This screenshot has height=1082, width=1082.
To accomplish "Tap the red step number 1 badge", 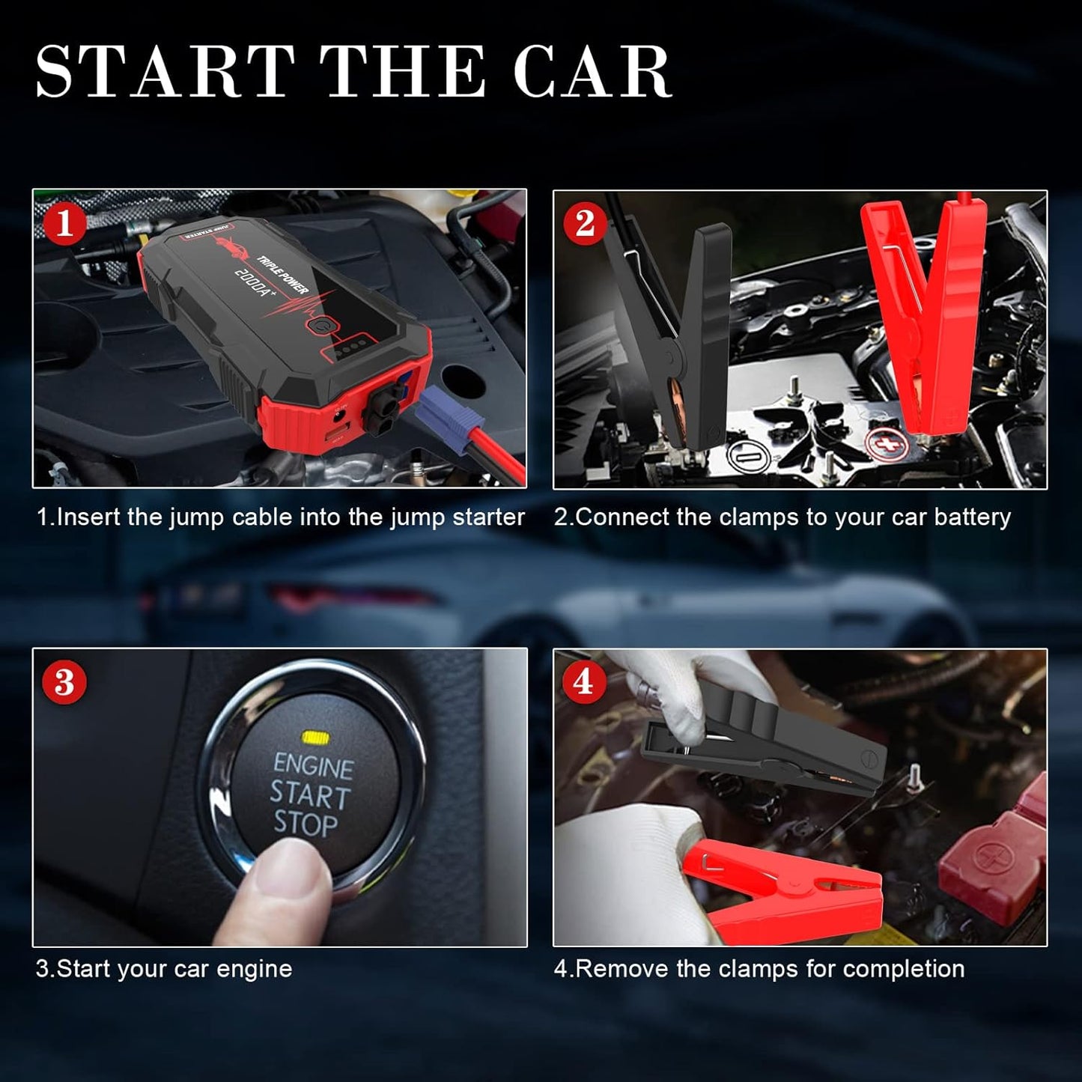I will click(x=64, y=223).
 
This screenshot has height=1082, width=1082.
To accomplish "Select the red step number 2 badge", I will click(x=585, y=223).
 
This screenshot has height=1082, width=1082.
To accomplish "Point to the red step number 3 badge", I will click(x=64, y=682).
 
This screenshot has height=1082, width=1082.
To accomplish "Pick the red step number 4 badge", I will click(x=583, y=682).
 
